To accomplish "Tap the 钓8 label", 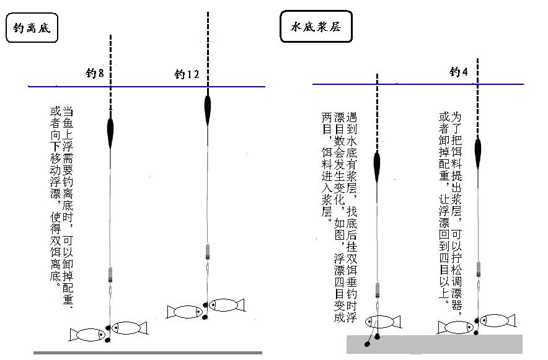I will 94,74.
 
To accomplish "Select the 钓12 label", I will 187,75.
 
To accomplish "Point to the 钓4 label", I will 459,72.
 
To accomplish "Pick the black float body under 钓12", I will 207,108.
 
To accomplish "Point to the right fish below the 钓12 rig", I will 226,304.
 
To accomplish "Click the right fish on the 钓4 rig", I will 497,320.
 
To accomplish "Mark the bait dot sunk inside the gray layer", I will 368,343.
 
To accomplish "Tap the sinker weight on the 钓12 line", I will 207,251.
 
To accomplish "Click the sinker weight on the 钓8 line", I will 110,273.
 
